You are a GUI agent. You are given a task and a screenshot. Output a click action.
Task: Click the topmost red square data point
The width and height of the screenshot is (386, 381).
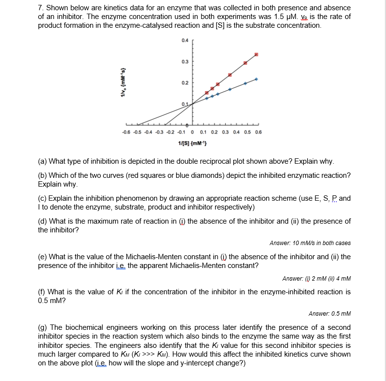click(256, 55)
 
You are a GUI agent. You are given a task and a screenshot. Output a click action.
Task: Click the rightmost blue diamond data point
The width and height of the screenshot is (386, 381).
click(256, 79)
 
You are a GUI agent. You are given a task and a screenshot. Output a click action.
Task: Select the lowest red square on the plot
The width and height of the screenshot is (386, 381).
click(206, 93)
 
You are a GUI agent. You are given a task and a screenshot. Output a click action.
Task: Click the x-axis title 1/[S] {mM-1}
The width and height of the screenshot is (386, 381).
click(193, 143)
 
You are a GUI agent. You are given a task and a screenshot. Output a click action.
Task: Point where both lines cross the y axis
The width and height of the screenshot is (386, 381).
click(193, 103)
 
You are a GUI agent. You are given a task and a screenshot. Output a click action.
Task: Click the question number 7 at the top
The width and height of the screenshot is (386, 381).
click(40, 8)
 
